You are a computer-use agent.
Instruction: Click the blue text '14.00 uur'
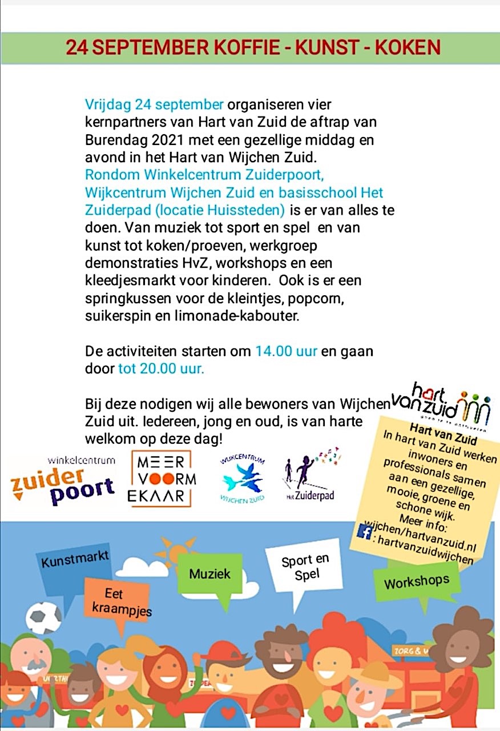(x=286, y=351)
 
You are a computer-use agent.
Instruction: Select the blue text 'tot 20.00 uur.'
(x=161, y=368)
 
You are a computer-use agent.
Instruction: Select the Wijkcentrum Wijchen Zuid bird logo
(x=243, y=479)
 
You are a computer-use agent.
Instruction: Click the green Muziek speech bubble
(x=209, y=573)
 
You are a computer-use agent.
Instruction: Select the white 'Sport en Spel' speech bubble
(x=305, y=567)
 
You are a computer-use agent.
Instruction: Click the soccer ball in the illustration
(x=44, y=617)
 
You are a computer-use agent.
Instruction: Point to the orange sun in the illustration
(x=174, y=551)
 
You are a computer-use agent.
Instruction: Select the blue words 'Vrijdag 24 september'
(x=154, y=105)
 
